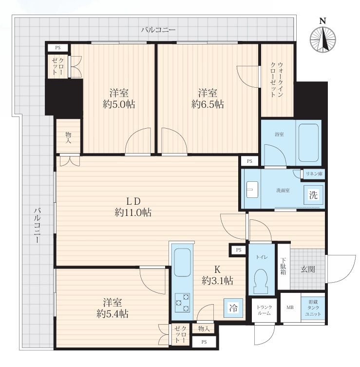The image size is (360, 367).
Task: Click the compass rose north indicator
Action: pyautogui.click(x=322, y=38)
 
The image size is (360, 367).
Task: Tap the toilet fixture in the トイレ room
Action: pyautogui.click(x=261, y=281)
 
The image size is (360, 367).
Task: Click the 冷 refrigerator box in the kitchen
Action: pyautogui.click(x=233, y=308)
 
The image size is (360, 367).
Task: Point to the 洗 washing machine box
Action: pyautogui.click(x=313, y=195)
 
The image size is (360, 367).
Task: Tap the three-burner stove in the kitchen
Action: pyautogui.click(x=182, y=302)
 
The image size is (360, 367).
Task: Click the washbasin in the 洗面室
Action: pyautogui.click(x=252, y=190)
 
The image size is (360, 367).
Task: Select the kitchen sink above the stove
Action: pyautogui.click(x=182, y=262)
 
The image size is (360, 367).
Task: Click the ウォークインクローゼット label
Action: pyautogui.click(x=277, y=79)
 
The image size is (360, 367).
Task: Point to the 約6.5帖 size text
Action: pyautogui.click(x=207, y=104)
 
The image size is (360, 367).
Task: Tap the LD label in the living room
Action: pyautogui.click(x=133, y=201)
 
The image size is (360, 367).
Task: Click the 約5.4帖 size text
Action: pyautogui.click(x=112, y=314)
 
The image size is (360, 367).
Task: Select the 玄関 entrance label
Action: pyautogui.click(x=307, y=270)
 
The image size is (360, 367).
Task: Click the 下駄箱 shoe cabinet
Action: pyautogui.click(x=284, y=267)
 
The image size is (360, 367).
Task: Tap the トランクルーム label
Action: pyautogui.click(x=264, y=310)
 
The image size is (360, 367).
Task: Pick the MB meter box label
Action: pyautogui.click(x=290, y=308)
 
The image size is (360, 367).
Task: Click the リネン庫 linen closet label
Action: pyautogui.click(x=314, y=174)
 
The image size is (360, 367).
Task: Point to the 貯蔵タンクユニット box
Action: pyautogui.click(x=313, y=308)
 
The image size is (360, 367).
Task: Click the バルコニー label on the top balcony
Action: pyautogui.click(x=158, y=30)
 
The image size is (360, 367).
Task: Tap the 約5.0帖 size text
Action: pyautogui.click(x=119, y=104)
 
